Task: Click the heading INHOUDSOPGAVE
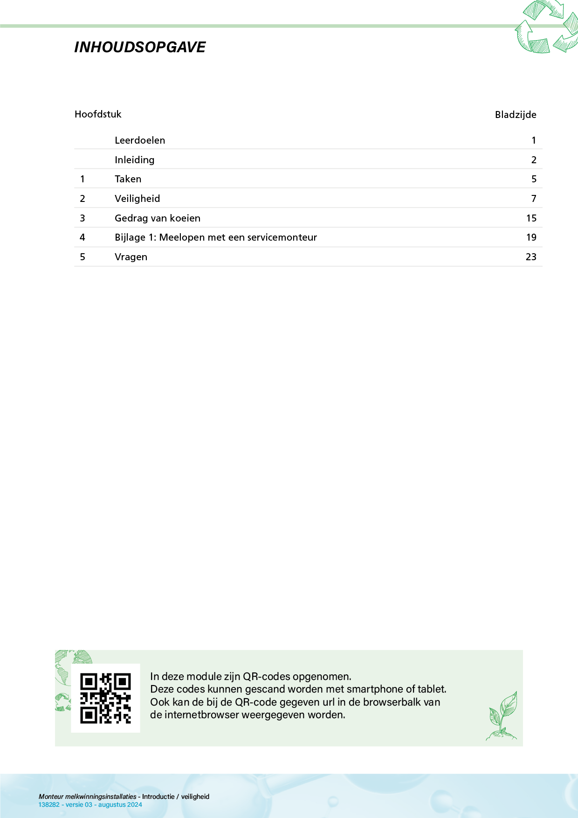(140, 47)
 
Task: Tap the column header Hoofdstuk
(98, 114)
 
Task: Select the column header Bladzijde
(515, 115)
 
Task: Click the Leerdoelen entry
(140, 140)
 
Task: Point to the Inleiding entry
(134, 160)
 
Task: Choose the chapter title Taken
(128, 179)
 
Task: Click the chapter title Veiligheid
(137, 199)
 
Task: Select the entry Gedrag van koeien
(158, 218)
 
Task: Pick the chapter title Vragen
(131, 257)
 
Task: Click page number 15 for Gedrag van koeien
(531, 218)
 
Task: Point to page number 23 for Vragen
(531, 257)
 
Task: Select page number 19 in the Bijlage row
(531, 237)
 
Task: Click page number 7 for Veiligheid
(534, 199)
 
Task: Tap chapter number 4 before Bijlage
(83, 237)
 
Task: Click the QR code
(105, 698)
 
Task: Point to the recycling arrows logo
(546, 27)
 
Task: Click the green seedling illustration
(502, 716)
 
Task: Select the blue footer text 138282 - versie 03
(65, 804)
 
